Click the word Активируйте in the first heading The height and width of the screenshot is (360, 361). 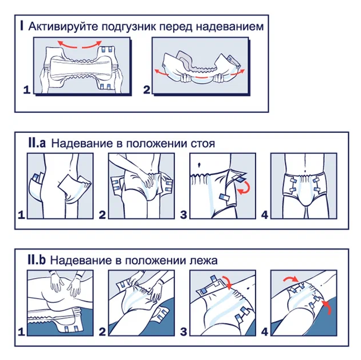(63, 27)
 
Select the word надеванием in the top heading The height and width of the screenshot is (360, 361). (230, 27)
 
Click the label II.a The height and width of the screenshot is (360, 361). (37, 143)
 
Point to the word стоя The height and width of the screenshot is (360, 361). (203, 144)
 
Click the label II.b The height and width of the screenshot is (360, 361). (37, 260)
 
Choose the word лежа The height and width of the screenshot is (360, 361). (204, 261)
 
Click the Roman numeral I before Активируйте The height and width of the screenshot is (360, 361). (22, 26)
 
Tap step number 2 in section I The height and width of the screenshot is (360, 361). (147, 90)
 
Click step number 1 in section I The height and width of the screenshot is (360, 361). (27, 90)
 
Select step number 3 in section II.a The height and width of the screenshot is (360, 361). (183, 215)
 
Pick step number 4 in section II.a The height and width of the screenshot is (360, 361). (265, 215)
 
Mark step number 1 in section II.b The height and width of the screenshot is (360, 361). (21, 332)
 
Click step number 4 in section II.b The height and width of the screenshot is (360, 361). (265, 332)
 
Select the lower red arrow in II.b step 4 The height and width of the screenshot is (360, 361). (328, 307)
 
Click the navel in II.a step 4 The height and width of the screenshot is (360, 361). (305, 171)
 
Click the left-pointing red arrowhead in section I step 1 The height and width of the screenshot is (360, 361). (60, 43)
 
